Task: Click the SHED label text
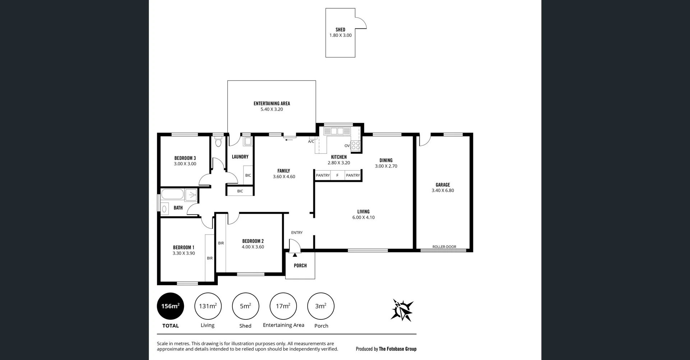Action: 340,30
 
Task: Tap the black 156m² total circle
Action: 170,306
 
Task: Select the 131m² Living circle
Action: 208,306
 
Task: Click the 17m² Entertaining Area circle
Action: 283,306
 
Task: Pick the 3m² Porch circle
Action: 321,306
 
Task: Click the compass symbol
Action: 402,310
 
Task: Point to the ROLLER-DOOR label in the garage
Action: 444,247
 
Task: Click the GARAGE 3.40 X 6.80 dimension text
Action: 443,191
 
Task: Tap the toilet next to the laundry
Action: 218,142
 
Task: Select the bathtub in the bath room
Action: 172,194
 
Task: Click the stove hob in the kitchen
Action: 355,145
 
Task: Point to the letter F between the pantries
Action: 337,175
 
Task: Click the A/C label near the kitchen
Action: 311,142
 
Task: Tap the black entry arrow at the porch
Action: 295,255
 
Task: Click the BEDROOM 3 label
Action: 185,158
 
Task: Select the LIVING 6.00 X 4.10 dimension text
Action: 363,217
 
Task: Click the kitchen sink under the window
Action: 337,131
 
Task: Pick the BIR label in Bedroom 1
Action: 210,258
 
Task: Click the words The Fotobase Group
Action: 397,349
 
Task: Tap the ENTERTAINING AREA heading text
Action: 272,103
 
